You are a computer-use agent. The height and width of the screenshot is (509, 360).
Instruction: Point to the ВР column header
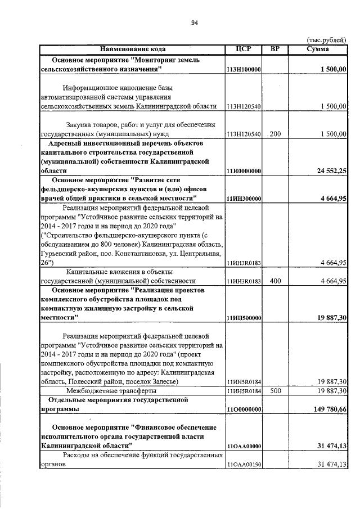[x=275, y=49]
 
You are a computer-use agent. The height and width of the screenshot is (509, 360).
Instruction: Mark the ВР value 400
[x=275, y=281]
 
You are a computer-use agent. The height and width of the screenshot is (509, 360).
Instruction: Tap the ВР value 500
[x=275, y=390]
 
